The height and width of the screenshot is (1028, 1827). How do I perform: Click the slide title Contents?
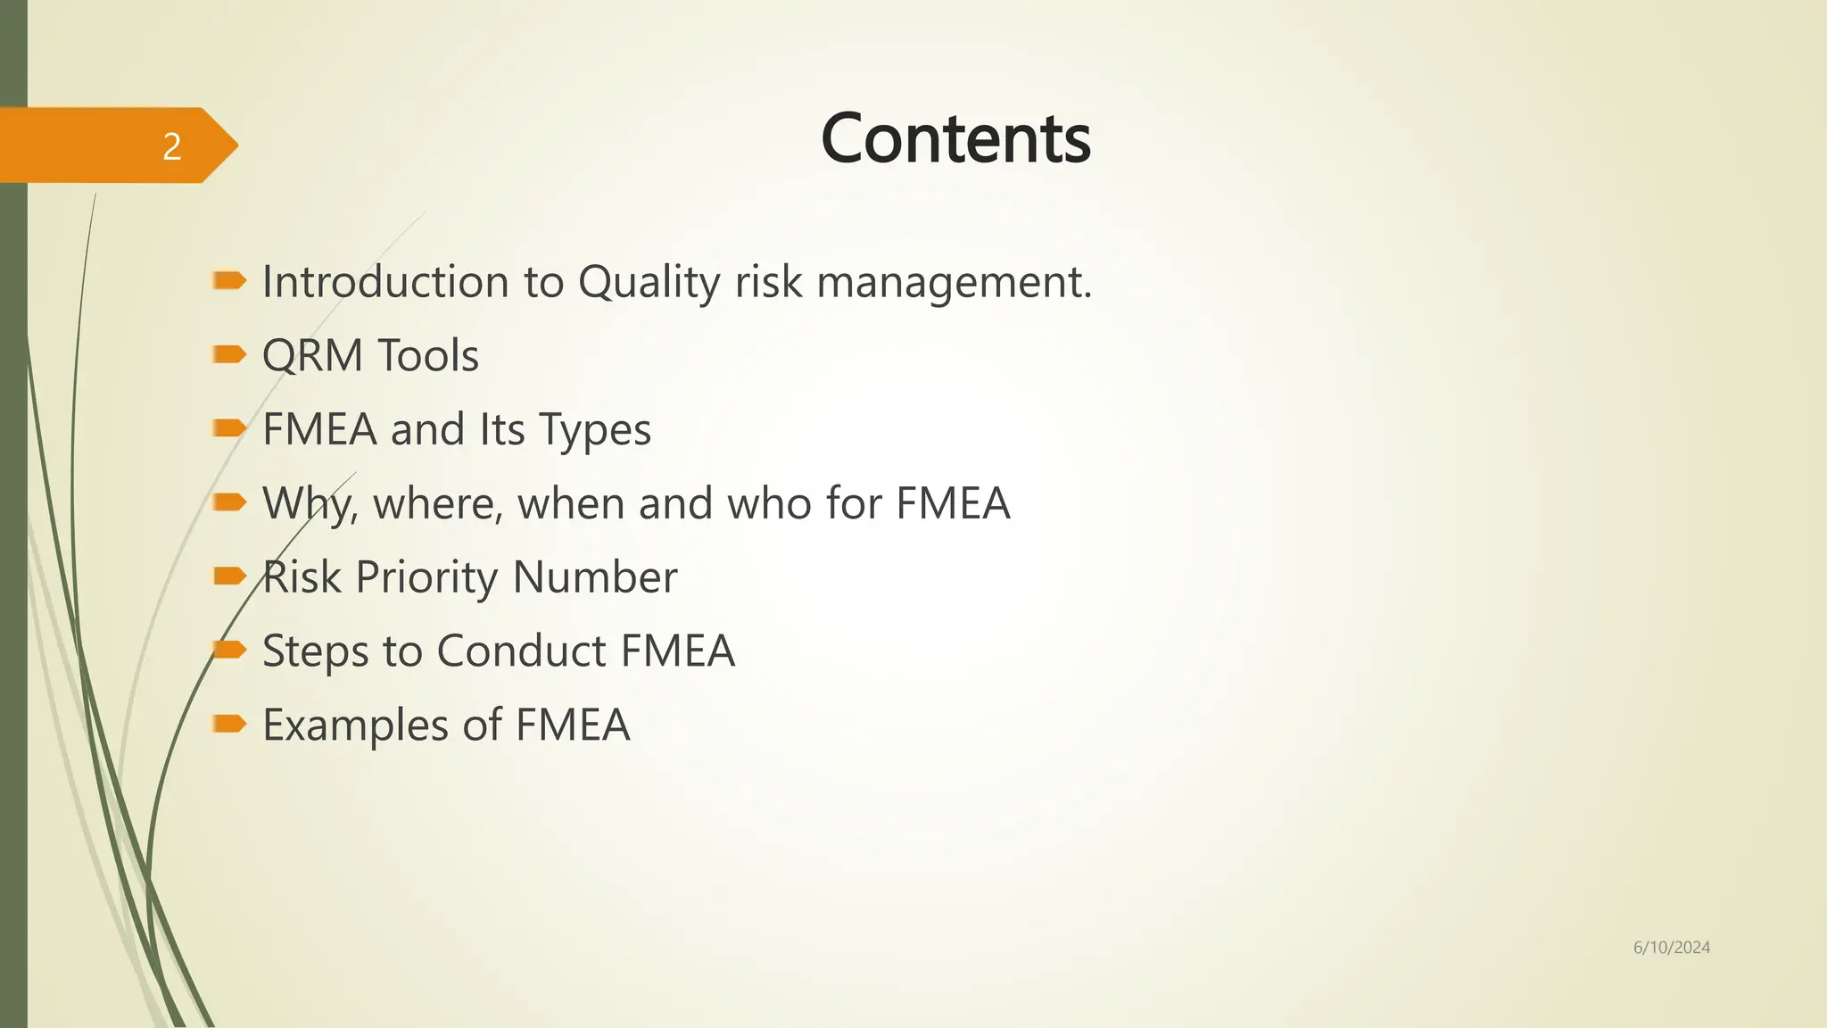coord(955,139)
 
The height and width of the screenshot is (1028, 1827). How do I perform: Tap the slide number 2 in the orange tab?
coord(172,146)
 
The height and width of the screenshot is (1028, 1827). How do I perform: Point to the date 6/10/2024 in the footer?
coord(1671,948)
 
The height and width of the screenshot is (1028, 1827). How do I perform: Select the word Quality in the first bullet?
coord(649,282)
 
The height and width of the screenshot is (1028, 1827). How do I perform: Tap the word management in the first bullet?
coord(953,282)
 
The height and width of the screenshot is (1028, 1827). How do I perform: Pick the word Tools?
coord(428,356)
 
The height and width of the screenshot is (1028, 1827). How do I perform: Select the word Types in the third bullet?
coord(595,430)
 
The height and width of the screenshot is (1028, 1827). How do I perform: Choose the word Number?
coord(595,577)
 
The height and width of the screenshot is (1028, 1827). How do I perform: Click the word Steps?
coord(315,651)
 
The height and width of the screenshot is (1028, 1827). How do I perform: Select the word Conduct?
coord(521,651)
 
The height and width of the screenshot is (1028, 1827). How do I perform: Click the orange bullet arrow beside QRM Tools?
coord(229,355)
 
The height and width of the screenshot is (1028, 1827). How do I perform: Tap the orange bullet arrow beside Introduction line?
coord(229,281)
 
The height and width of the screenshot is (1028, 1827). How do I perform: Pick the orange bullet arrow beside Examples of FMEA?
coord(229,723)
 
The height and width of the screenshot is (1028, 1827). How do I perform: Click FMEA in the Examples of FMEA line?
coord(573,725)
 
